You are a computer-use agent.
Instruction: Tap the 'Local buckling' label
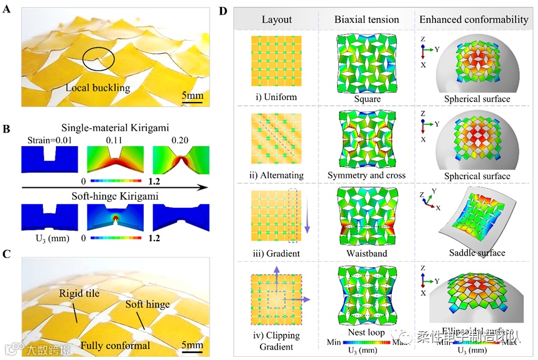point(97,88)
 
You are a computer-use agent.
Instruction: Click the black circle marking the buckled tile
point(100,60)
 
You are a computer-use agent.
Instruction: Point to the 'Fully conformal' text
point(111,344)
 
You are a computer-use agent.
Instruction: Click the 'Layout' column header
point(277,19)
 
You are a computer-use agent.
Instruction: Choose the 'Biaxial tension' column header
point(366,19)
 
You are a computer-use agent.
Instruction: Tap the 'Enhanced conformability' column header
point(473,19)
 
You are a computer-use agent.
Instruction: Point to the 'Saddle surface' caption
point(476,253)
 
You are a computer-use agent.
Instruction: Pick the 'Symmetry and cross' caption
point(366,175)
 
